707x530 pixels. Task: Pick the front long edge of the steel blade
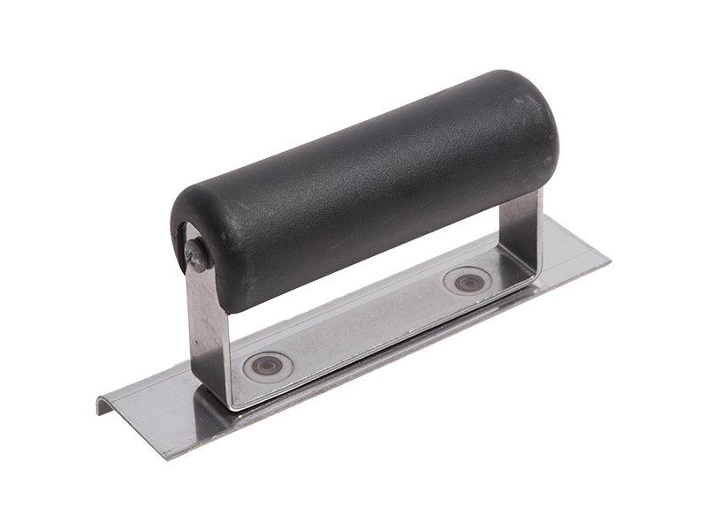pyautogui.click(x=398, y=358)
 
